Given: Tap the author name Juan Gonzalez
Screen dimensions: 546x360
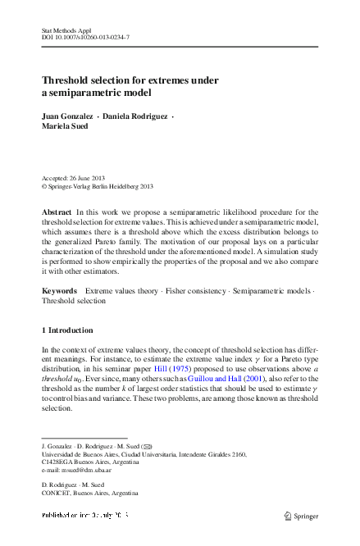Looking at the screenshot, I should (x=66, y=117).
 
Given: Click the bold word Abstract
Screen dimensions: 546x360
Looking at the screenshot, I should (x=56, y=212).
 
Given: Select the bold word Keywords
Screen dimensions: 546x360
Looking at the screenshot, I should (x=59, y=291).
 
